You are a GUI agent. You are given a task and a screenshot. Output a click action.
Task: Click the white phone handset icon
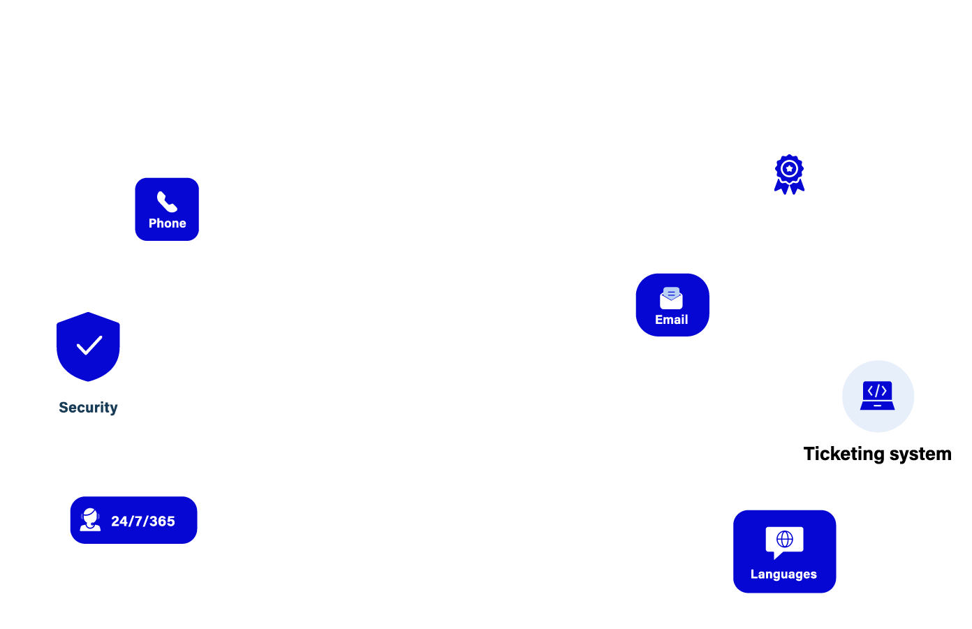point(167,202)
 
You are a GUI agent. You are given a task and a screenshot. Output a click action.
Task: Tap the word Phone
point(167,223)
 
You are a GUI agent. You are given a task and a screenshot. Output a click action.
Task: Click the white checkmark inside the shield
point(89,345)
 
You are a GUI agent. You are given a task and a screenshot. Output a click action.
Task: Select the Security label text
point(88,408)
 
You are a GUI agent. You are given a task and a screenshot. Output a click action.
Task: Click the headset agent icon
point(90,520)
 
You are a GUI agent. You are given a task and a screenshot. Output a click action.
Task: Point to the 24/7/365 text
point(143,521)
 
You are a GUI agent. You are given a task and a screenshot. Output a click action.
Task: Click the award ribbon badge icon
point(789,174)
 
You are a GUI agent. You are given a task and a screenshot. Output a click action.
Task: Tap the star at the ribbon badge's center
point(789,168)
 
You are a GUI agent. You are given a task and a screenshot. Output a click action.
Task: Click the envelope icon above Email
point(671,298)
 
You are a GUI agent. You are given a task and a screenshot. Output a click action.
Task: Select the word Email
point(672,320)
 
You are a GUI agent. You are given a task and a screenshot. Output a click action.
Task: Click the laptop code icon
point(878,396)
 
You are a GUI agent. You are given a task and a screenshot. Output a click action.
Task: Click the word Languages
point(783,575)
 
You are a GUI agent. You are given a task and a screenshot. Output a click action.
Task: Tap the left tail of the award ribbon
point(781,187)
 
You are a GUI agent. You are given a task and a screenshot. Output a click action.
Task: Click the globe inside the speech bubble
point(785,539)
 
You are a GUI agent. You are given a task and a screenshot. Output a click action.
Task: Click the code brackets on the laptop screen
point(877,391)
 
